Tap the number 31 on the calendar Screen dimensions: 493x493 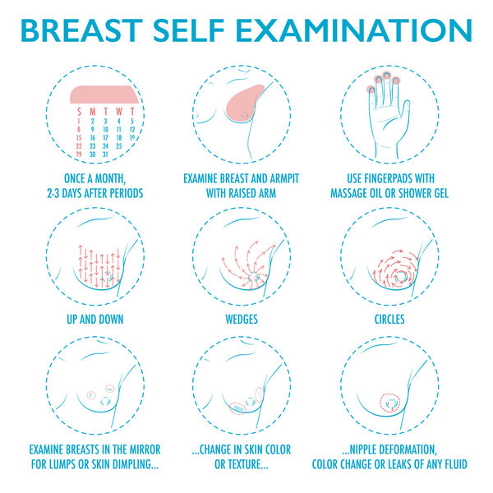(106, 154)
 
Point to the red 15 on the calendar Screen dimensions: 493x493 (79, 137)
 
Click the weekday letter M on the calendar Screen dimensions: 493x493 (92, 110)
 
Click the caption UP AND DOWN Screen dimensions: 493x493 (91, 319)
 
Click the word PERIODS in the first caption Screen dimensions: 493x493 (127, 194)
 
